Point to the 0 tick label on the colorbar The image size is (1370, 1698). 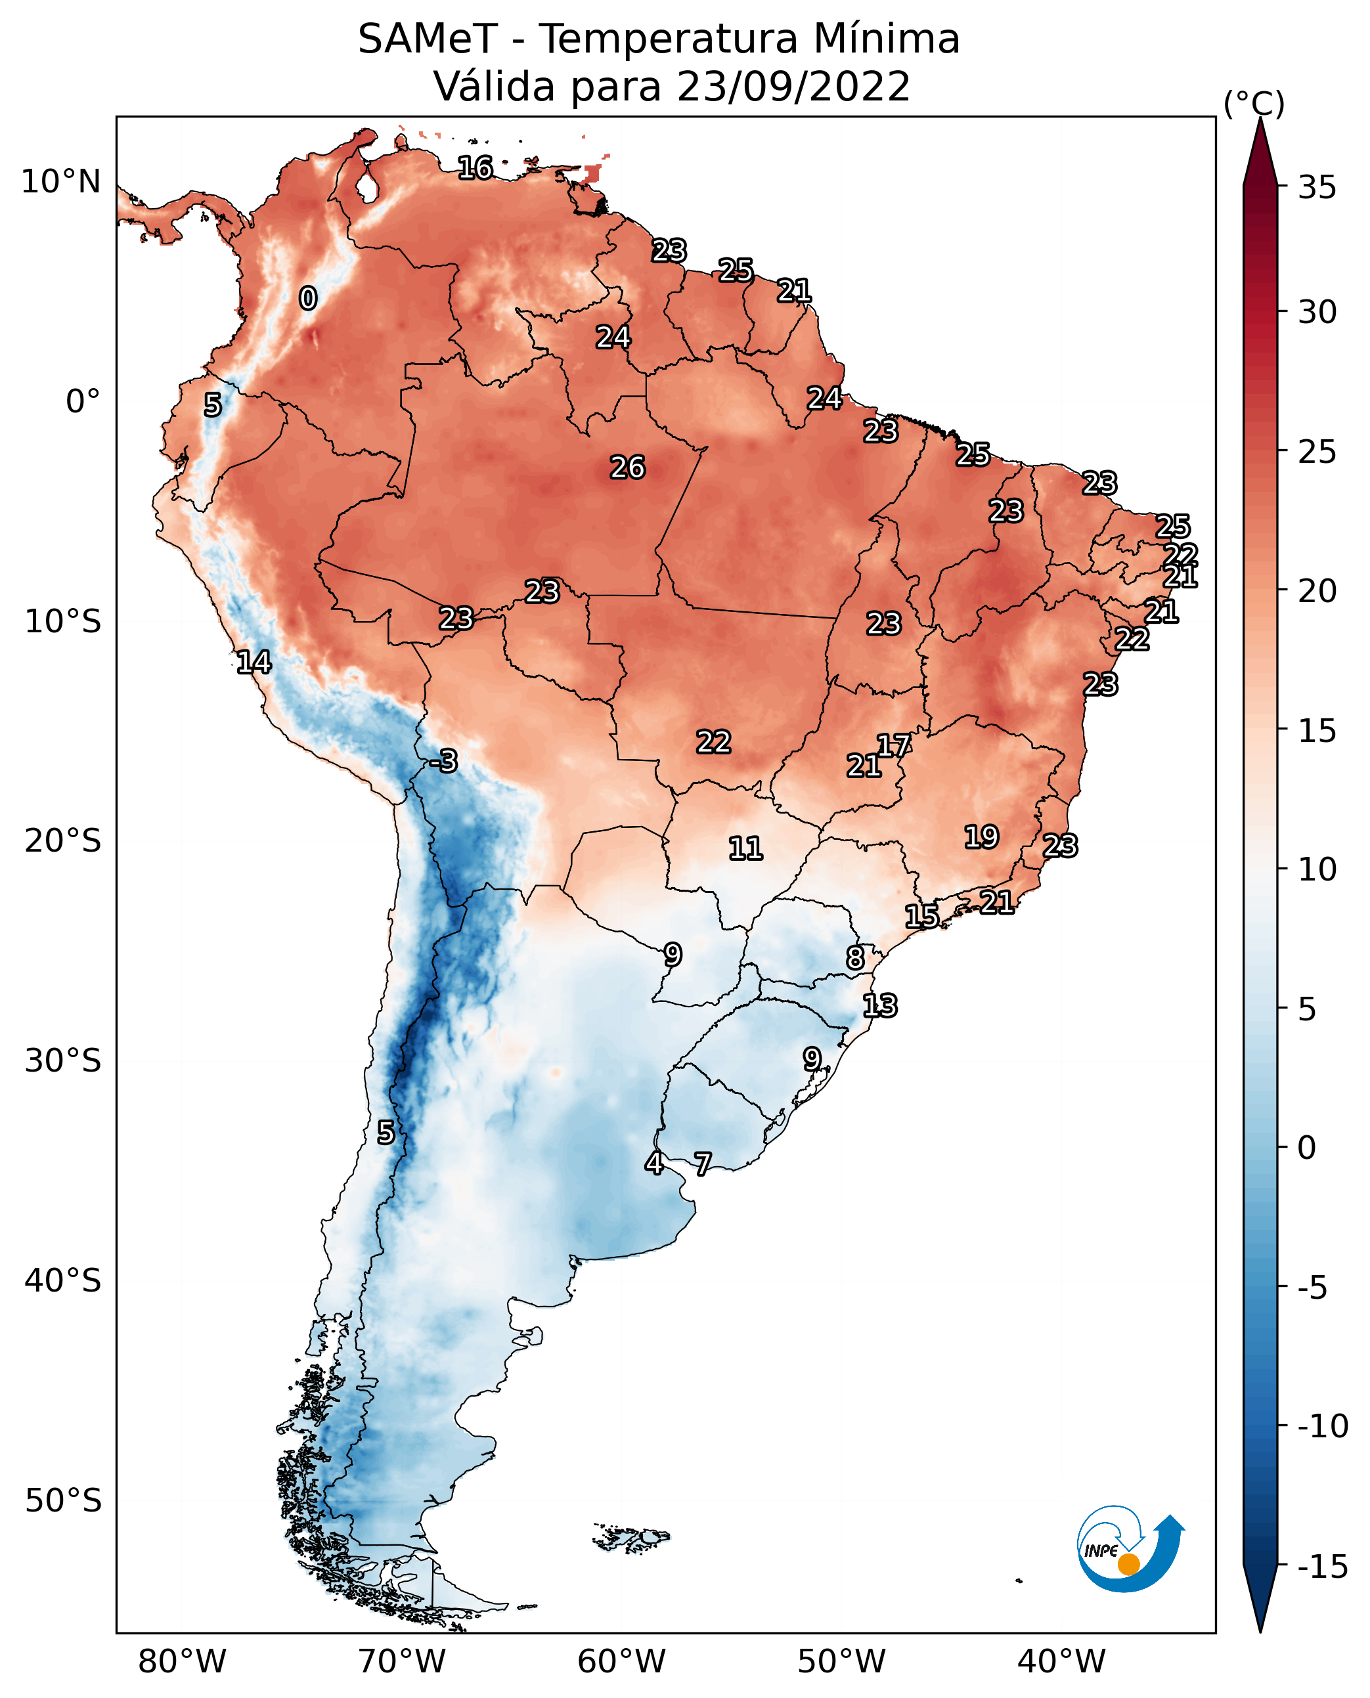pyautogui.click(x=1307, y=1147)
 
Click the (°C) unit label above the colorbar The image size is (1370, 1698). pyautogui.click(x=1254, y=103)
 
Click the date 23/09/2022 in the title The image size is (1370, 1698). pyautogui.click(x=793, y=86)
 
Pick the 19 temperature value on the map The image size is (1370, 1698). pyautogui.click(x=981, y=837)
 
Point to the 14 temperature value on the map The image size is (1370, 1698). pyautogui.click(x=254, y=662)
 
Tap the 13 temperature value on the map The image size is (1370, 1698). pyautogui.click(x=879, y=1005)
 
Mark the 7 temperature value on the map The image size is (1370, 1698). pyautogui.click(x=702, y=1163)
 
